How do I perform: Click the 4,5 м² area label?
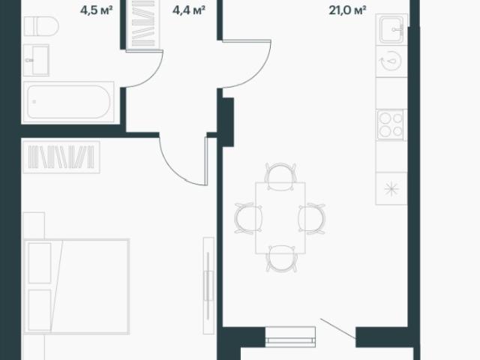tap(97, 10)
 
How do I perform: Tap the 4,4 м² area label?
tap(188, 10)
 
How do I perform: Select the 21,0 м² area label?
tap(347, 10)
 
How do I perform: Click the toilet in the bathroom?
tap(41, 26)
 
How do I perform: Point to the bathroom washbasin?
tap(36, 60)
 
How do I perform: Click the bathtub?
tap(68, 102)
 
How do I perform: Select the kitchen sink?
tap(391, 29)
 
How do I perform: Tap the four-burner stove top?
tap(390, 124)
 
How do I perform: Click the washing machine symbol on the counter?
tap(391, 61)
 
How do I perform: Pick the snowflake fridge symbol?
tap(391, 188)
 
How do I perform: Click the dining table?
tap(280, 218)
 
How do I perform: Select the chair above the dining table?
tap(280, 177)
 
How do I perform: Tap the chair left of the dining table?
tap(248, 218)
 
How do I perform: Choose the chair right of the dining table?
tap(312, 218)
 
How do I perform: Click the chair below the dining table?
tap(280, 259)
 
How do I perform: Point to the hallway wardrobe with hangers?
tap(144, 23)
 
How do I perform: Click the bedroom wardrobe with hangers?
tap(61, 157)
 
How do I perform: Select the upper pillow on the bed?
tap(40, 263)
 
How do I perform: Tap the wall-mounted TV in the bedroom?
tap(208, 285)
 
